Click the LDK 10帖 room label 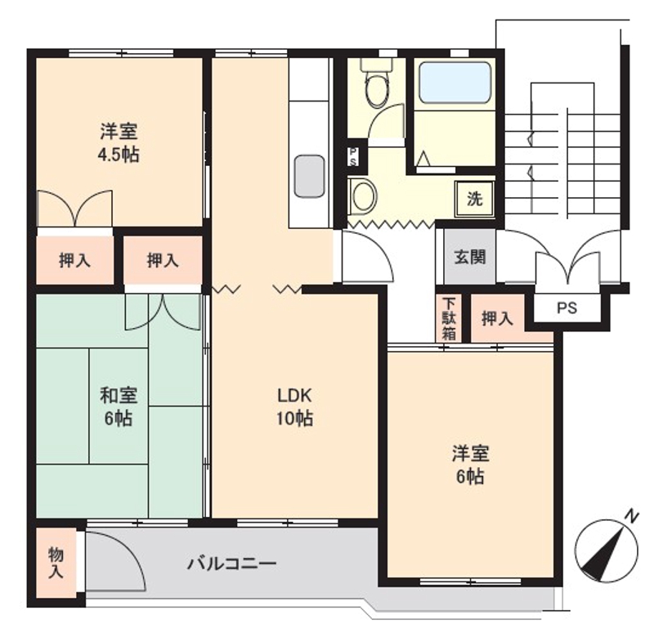294,407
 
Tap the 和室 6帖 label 119,407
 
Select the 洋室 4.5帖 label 119,142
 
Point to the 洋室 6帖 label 470,464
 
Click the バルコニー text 231,564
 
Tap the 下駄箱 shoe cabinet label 449,317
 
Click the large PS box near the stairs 567,308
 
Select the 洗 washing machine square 474,197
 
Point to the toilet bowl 377,88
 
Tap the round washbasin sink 362,196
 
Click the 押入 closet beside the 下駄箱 496,319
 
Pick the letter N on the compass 631,516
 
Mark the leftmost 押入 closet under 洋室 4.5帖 74,261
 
